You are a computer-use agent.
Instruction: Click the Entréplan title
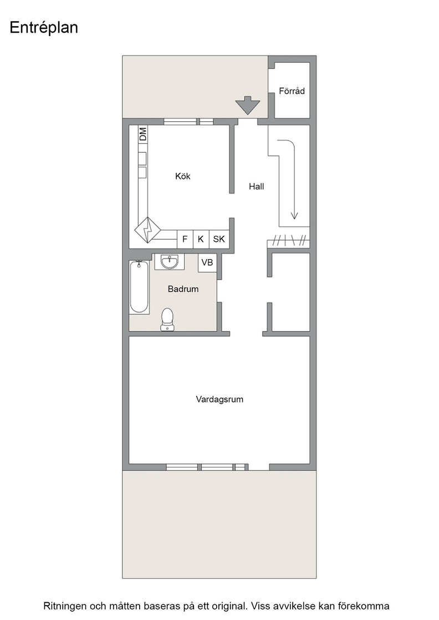pos(44,28)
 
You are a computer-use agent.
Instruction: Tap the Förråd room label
pos(292,91)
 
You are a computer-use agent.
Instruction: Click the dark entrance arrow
pos(248,105)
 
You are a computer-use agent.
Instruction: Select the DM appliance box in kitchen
pos(142,135)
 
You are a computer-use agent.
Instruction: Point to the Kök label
pos(183,176)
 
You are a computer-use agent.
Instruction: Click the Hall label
pos(257,186)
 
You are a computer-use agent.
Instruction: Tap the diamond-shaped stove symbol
pos(147,230)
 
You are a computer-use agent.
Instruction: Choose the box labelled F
pos(185,239)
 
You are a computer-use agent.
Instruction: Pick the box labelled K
pos(201,239)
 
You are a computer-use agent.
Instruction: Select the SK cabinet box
pos(219,239)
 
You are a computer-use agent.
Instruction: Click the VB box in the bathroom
pos(207,262)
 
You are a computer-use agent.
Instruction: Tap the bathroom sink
pos(170,261)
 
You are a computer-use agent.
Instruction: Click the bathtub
pos(139,287)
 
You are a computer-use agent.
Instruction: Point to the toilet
pos(167,319)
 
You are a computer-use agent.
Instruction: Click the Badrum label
pos(183,289)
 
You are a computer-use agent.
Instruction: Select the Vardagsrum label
pos(219,399)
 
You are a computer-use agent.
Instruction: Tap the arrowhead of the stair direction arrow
pos(294,215)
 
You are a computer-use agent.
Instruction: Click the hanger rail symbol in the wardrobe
pos(288,240)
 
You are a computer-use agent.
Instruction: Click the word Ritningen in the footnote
pos(64,606)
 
